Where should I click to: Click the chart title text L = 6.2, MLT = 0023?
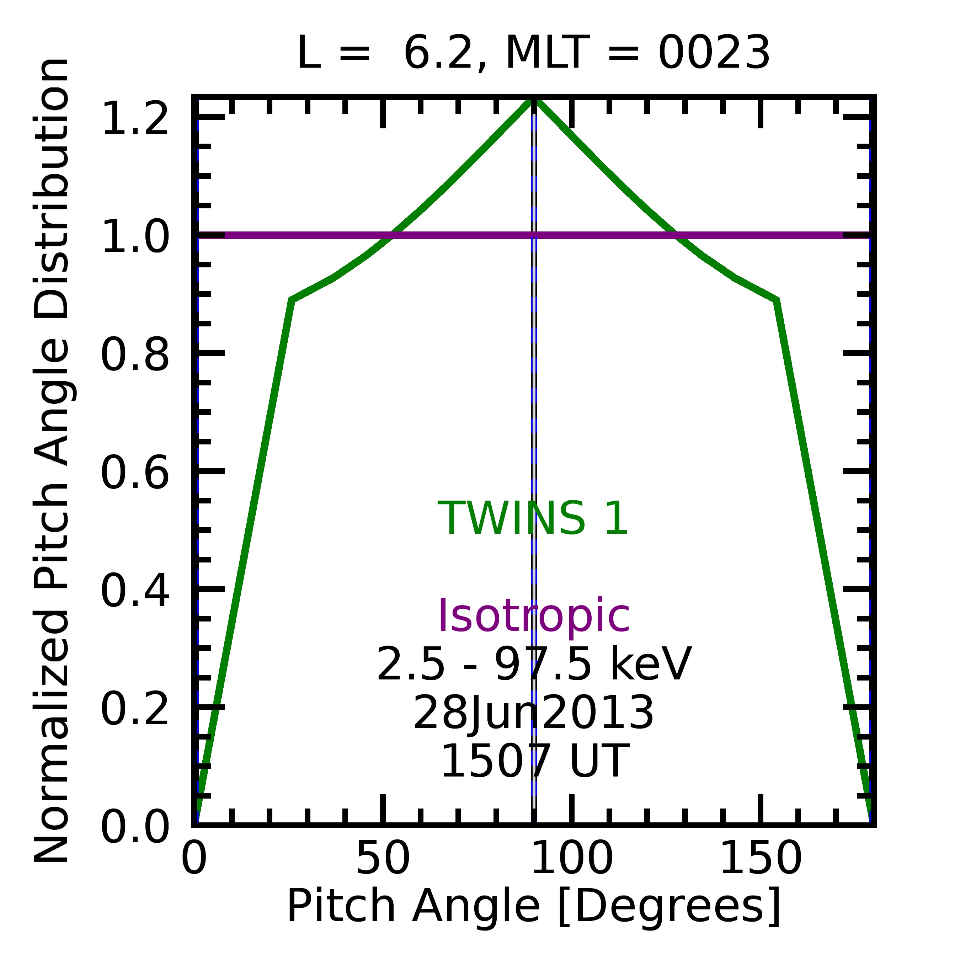(533, 54)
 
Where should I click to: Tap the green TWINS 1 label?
(533, 519)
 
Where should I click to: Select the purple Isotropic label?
(533, 617)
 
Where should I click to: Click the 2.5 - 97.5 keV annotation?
(533, 665)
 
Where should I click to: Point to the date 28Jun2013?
(533, 714)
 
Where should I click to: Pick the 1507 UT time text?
(533, 762)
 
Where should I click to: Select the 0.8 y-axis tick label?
(135, 355)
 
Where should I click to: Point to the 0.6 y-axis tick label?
(135, 473)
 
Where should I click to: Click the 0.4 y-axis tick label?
(135, 591)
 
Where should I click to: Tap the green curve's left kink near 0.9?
(292, 300)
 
